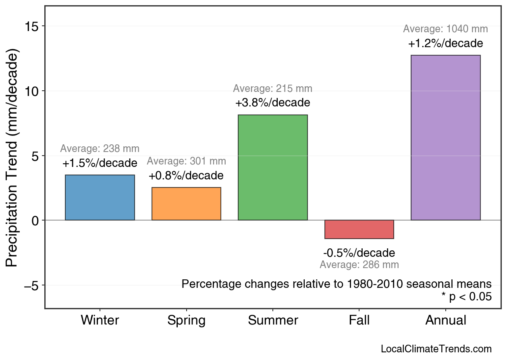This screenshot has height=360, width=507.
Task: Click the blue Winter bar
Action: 100,198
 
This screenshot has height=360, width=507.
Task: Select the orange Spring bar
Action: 186,204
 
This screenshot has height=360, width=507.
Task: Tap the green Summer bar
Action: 273,168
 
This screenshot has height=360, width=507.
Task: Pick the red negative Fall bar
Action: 359,229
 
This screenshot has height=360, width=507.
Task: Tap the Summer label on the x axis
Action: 273,320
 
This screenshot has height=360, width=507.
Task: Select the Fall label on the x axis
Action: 359,320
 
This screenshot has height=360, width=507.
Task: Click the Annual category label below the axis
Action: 445,320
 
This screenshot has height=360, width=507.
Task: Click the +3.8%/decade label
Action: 273,103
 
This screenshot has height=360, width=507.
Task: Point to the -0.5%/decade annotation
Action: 359,253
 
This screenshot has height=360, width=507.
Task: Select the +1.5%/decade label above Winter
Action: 100,163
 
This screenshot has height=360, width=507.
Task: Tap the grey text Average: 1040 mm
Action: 445,29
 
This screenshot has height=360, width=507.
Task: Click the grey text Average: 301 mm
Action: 186,161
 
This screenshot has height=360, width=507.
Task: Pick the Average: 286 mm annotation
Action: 359,265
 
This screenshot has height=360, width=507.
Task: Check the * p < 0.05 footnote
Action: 466,297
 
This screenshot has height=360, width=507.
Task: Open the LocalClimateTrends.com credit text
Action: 436,349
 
